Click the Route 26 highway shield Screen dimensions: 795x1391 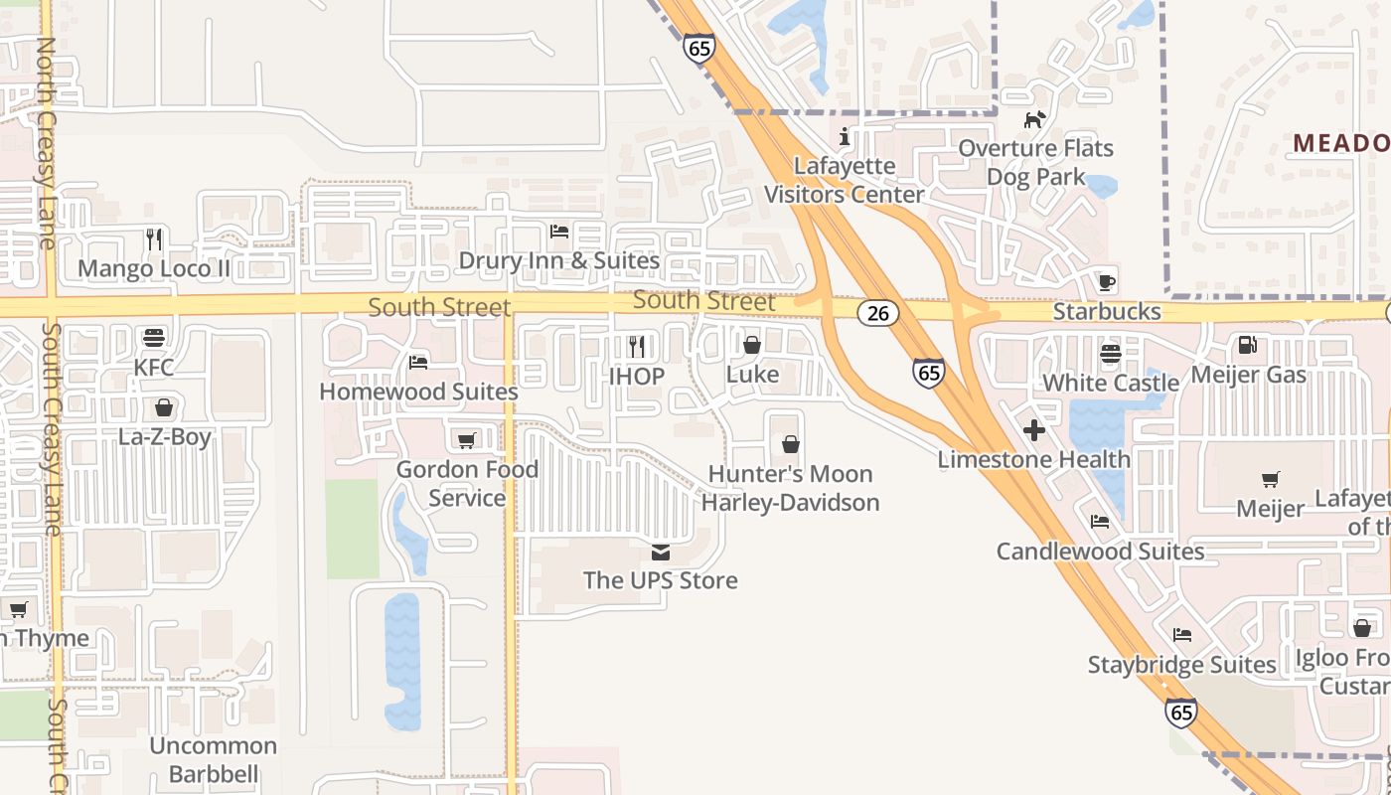click(x=877, y=313)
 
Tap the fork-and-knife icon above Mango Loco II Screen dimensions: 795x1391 click(x=154, y=239)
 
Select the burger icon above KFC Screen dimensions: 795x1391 click(x=154, y=338)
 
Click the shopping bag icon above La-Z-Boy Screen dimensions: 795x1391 click(x=164, y=407)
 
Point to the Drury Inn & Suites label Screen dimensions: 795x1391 click(x=558, y=261)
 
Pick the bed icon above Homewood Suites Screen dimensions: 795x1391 click(x=418, y=363)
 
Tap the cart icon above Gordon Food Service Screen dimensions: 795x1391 click(x=466, y=440)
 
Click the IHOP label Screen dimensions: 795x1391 click(x=637, y=377)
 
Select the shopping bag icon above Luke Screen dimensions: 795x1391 click(x=752, y=345)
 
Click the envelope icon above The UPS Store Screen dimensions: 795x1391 click(x=661, y=552)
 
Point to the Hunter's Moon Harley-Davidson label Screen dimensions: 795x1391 click(x=791, y=488)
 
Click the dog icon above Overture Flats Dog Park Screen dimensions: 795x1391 click(x=1035, y=120)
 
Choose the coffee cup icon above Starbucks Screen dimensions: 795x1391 click(x=1107, y=282)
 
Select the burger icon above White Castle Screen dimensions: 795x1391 click(x=1110, y=354)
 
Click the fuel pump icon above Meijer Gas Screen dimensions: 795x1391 click(x=1247, y=346)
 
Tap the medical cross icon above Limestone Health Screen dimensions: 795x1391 click(x=1034, y=430)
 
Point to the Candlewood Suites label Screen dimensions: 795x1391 click(x=1100, y=552)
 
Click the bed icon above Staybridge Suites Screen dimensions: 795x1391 click(x=1181, y=635)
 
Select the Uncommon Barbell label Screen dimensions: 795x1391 click(x=213, y=759)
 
